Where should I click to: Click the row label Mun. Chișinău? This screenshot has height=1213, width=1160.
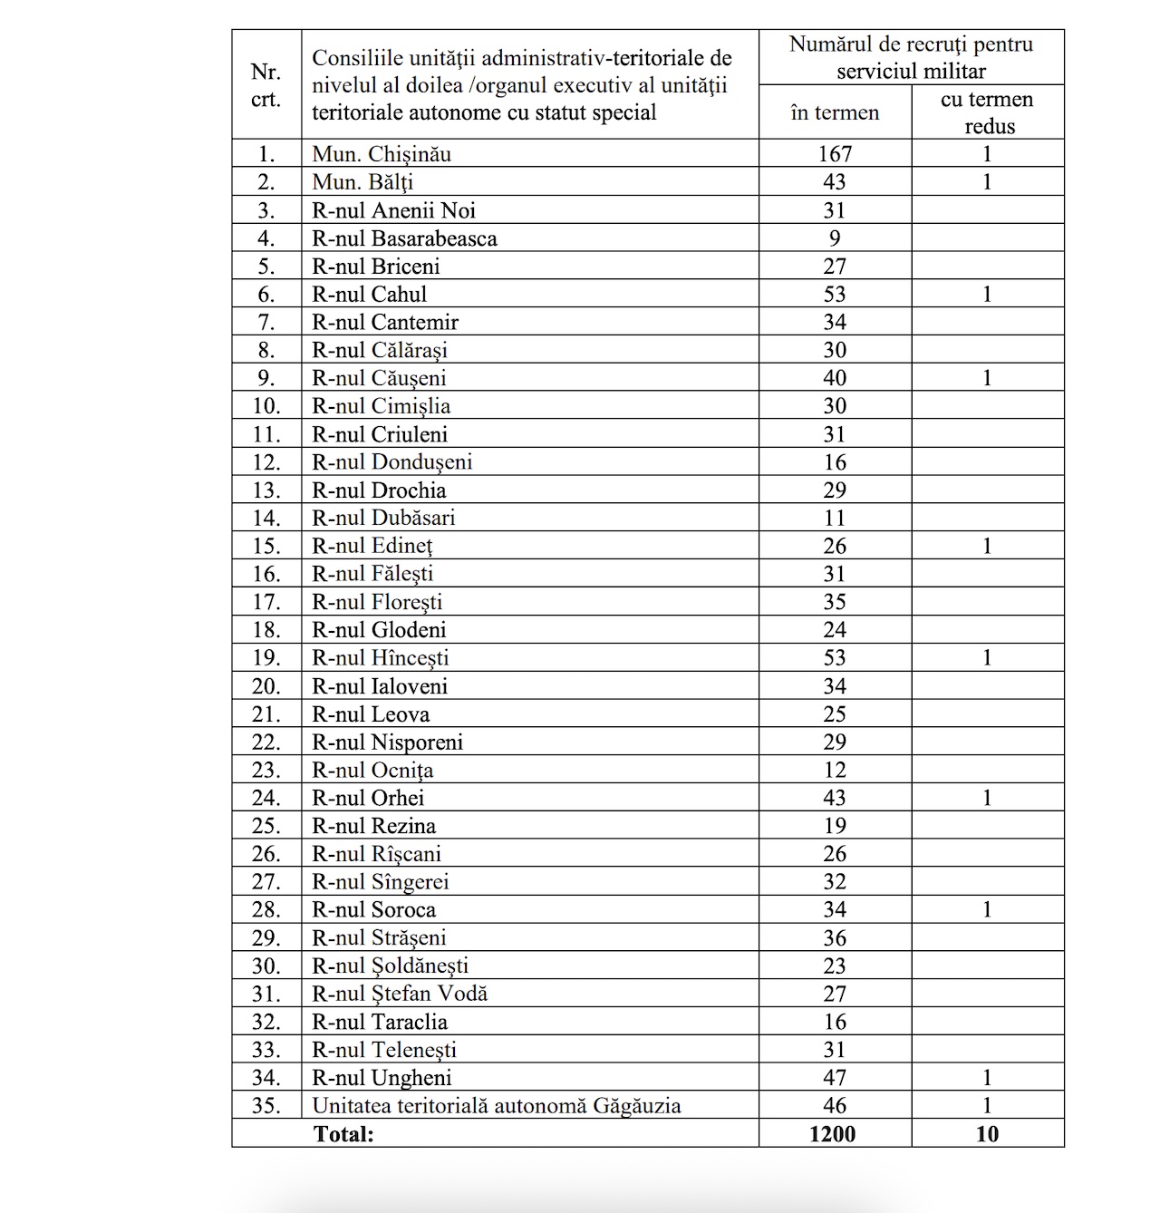click(x=382, y=154)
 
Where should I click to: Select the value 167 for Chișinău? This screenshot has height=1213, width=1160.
click(x=834, y=154)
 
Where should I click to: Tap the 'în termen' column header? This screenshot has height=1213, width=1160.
click(x=834, y=112)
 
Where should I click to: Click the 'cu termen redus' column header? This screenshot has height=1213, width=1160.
click(x=987, y=112)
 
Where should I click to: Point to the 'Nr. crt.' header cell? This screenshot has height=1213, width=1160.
click(x=266, y=85)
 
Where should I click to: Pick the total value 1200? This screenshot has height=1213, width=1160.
click(x=833, y=1133)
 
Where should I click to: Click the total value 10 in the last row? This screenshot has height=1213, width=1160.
click(x=987, y=1133)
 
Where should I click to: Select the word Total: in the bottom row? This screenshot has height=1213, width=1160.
click(x=343, y=1133)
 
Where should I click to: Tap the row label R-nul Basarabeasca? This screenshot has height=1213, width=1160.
click(x=404, y=238)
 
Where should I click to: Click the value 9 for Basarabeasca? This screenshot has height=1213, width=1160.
click(x=834, y=238)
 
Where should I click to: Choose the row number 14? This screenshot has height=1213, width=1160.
click(x=266, y=518)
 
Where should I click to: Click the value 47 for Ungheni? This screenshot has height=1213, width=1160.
click(x=834, y=1078)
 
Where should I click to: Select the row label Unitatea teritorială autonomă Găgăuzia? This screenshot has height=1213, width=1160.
click(x=497, y=1106)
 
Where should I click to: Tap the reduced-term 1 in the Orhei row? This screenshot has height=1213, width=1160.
click(x=987, y=798)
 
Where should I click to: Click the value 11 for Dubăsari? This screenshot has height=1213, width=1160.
click(x=834, y=518)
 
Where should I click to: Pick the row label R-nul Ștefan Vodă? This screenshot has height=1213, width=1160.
click(x=400, y=994)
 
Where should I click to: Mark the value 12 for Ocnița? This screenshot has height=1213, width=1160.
click(x=834, y=770)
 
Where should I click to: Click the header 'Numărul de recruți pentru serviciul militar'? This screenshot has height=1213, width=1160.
click(x=911, y=57)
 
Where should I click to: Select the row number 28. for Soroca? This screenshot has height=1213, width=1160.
click(x=266, y=909)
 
